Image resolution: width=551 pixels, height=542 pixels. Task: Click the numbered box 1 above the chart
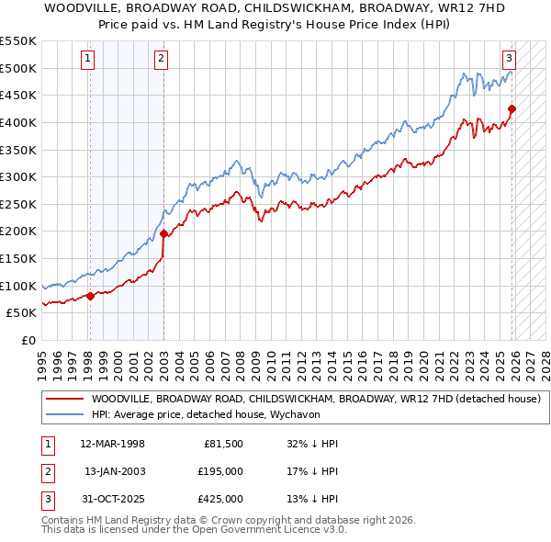88,59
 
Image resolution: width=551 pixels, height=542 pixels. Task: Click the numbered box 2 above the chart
161,59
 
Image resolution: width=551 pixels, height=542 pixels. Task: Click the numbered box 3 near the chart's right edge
509,59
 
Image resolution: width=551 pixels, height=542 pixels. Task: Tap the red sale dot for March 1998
90,295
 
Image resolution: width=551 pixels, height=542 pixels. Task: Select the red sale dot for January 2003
163,233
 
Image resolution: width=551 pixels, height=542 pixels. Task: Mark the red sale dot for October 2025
512,108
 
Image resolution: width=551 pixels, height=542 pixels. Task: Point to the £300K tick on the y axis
18,176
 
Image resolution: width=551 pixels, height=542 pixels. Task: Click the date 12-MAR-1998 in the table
112,444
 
